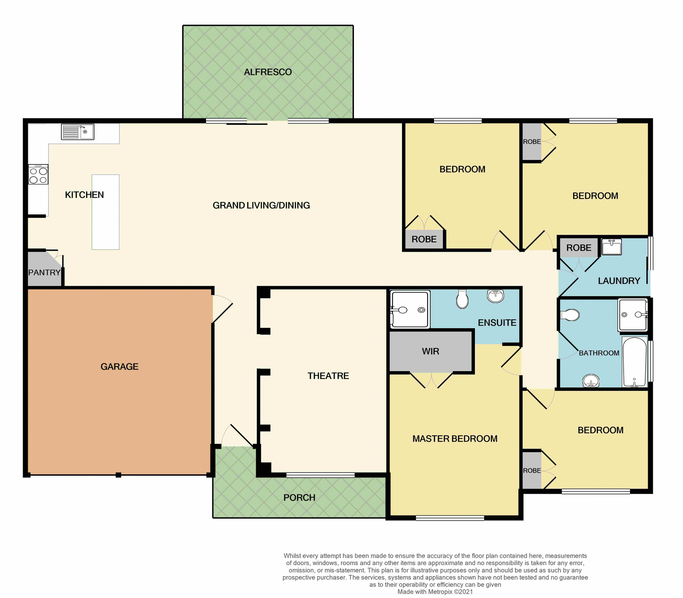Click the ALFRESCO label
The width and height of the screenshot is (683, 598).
coord(268,72)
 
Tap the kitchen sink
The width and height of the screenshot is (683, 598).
coord(78,132)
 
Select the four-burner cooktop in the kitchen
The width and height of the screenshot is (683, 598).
coord(38,175)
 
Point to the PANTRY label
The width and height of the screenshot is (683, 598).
coord(44,273)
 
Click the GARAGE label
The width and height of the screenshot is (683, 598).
coord(119,367)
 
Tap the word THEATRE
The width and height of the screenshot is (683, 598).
coord(328,376)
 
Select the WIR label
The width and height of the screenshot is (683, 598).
coord(430,351)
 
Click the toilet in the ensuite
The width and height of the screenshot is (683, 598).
coord(462,299)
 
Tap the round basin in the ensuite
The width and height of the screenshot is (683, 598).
coord(496,295)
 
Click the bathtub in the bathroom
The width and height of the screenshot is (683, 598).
coord(634,362)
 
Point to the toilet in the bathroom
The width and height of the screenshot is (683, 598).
coord(570,315)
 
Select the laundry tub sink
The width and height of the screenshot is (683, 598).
coord(611,247)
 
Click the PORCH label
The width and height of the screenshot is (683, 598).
coord(299,498)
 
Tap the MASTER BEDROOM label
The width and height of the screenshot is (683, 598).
coord(455,439)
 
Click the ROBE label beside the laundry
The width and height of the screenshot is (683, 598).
coord(579,248)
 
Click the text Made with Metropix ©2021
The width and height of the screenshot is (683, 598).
coord(435,592)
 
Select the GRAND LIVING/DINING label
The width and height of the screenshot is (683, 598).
coord(261,205)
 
